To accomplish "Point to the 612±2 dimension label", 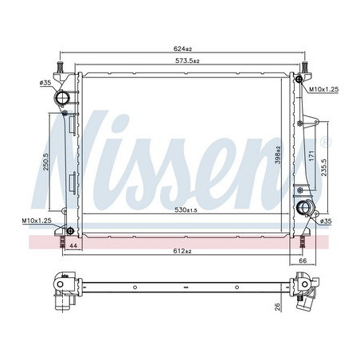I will pos(183,252).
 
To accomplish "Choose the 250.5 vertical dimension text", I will pos(47,161).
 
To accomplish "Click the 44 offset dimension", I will pos(73,248).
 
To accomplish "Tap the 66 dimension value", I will pos(302,260).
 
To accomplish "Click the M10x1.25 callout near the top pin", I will pos(324,90).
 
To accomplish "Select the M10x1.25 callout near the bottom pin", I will pos(36,220).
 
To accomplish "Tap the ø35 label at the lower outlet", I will pos(324,222).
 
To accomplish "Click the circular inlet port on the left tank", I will pos(63,100).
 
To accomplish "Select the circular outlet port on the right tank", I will pos(303,210).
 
